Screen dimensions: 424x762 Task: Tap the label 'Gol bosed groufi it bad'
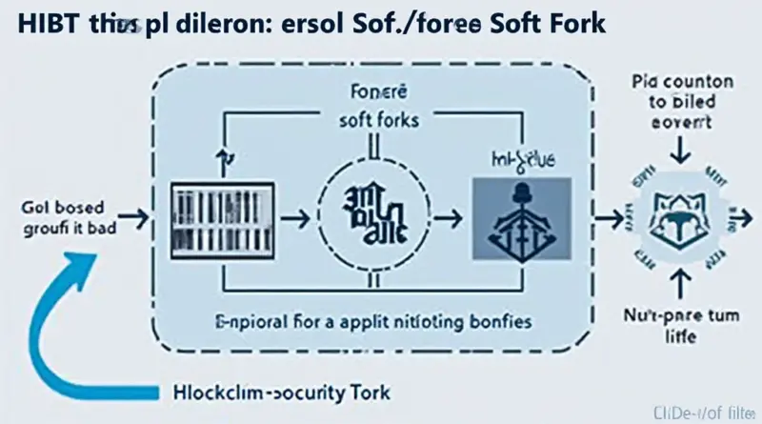tap(57, 217)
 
